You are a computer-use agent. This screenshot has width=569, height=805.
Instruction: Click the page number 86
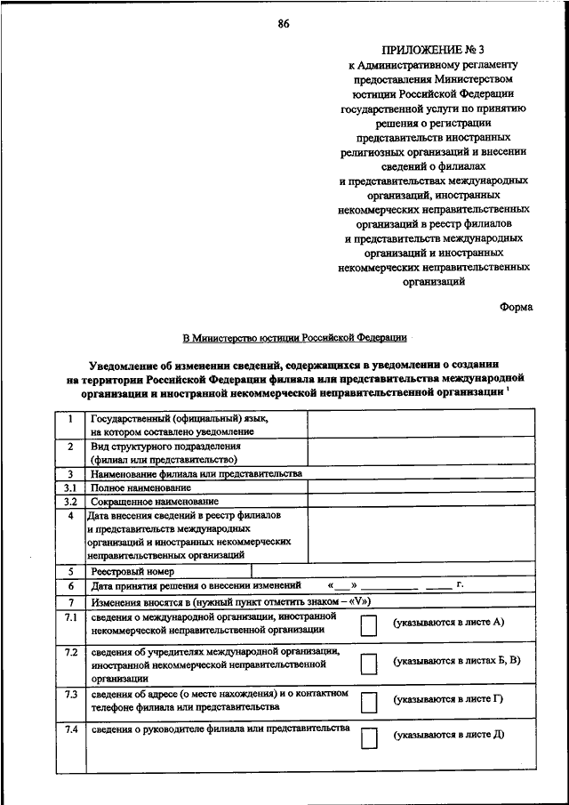tap(283, 24)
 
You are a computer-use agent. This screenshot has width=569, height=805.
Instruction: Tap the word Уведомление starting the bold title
tap(131, 365)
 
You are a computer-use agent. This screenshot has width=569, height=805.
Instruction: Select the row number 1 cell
tap(70, 417)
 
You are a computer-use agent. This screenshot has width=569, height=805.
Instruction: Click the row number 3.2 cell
tap(70, 502)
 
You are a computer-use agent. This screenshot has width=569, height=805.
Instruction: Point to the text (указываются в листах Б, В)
tap(457, 661)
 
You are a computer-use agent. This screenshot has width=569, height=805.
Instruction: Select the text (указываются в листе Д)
tap(450, 736)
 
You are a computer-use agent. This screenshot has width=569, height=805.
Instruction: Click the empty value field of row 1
tap(421, 424)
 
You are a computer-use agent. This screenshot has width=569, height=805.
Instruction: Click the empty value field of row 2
tap(421, 453)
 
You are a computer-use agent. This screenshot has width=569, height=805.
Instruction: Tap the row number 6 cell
tap(70, 587)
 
